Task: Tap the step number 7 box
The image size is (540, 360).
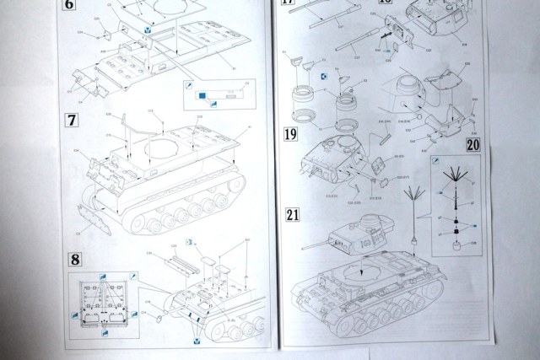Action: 73,121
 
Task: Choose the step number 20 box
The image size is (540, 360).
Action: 471,143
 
